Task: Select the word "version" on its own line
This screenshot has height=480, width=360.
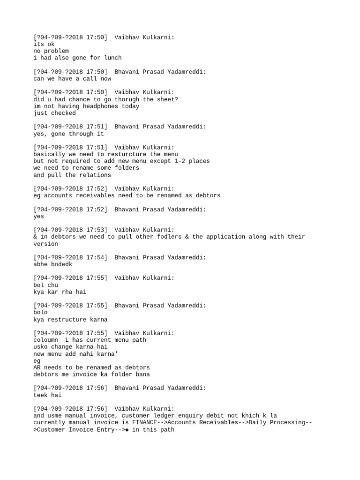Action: click(45, 244)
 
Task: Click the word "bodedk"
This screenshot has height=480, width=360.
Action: click(62, 264)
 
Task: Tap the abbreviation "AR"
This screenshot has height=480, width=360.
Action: click(37, 367)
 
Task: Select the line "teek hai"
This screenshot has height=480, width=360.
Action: click(47, 395)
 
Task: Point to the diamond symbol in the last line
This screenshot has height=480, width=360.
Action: click(127, 429)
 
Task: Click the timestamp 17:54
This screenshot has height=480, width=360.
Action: click(96, 257)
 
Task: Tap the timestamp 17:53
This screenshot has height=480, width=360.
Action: click(96, 230)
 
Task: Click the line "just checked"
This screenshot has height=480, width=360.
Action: click(54, 113)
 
